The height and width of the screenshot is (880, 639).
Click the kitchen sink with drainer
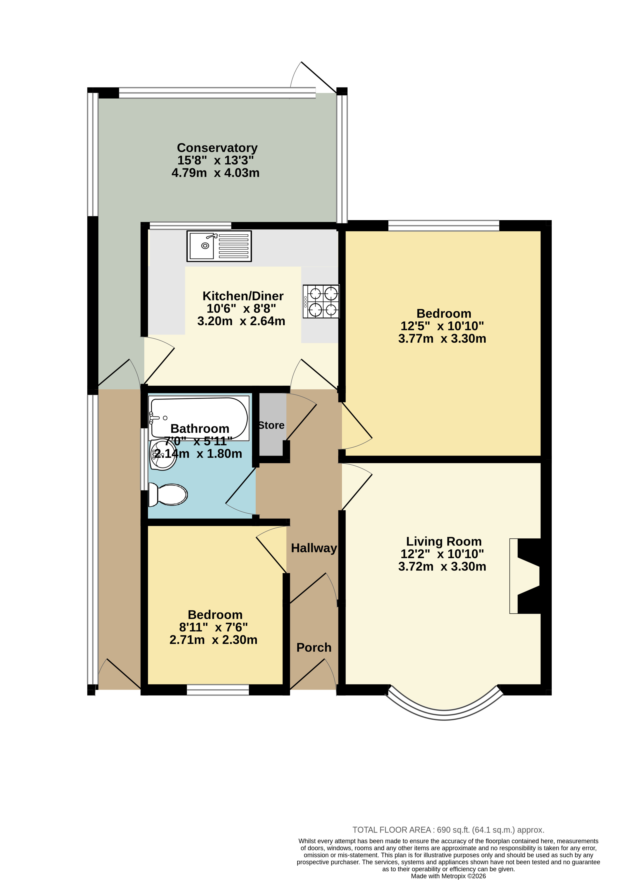pyautogui.click(x=219, y=246)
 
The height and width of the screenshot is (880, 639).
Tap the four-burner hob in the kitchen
pyautogui.click(x=321, y=302)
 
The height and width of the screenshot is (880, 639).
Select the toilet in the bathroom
pyautogui.click(x=168, y=495)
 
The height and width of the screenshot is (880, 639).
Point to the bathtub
pyautogui.click(x=199, y=418)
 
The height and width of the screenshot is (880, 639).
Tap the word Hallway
pyautogui.click(x=314, y=548)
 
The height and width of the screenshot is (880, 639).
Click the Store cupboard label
pyautogui.click(x=271, y=425)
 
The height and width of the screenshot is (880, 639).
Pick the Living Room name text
pyautogui.click(x=444, y=541)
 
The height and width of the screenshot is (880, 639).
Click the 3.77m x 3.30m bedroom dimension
pyautogui.click(x=442, y=338)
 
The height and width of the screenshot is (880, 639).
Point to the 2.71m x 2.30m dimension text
pyautogui.click(x=213, y=640)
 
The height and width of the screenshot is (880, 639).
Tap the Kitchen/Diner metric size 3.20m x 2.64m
pyautogui.click(x=241, y=321)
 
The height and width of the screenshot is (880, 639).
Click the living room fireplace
pyautogui.click(x=526, y=576)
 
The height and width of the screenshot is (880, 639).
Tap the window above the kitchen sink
pyautogui.click(x=190, y=226)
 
